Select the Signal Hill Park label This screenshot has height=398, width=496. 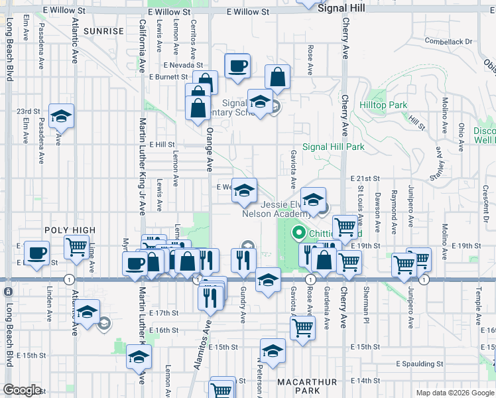[334, 147]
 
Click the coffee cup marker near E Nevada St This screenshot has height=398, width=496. [237, 66]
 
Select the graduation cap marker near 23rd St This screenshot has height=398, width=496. [61, 117]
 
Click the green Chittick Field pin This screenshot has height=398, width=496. [298, 233]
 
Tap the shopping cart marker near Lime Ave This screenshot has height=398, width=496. [76, 247]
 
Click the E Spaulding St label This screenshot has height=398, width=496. [420, 364]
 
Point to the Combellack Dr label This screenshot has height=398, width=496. [449, 41]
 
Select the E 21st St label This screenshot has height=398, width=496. [365, 179]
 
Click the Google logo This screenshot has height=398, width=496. [22, 390]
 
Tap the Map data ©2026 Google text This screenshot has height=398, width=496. [454, 393]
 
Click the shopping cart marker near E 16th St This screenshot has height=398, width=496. [302, 326]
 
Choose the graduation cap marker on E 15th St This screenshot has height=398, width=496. [273, 351]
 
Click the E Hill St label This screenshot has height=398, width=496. [161, 144]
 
